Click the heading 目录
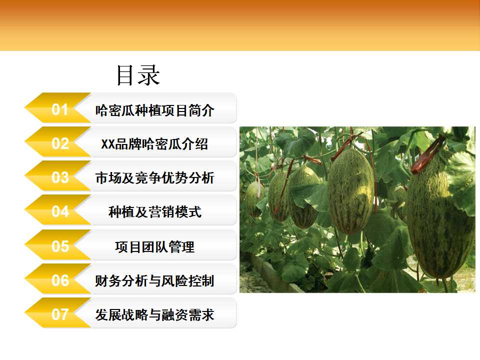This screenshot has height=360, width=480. tap(138, 75)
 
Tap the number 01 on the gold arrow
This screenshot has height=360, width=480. tap(59, 109)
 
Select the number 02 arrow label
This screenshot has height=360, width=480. tap(60, 143)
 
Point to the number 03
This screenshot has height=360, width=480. tap(60, 177)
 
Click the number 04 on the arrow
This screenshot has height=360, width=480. tap(60, 211)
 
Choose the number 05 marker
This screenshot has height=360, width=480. tap(60, 246)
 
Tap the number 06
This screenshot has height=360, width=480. tap(60, 280)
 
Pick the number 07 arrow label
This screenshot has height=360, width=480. tap(60, 314)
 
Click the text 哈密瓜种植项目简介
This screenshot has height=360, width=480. tap(154, 110)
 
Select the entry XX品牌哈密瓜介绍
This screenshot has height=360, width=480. tap(154, 144)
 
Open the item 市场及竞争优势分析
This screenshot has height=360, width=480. tap(154, 178)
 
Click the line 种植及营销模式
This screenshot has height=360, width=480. tap(155, 212)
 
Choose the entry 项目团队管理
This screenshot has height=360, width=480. tap(155, 246)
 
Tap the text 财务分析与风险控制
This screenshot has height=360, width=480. tap(154, 280)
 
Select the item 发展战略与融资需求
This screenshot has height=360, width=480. tap(154, 314)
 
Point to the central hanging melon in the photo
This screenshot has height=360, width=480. tap(351, 191)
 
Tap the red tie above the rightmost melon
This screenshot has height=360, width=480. tap(428, 155)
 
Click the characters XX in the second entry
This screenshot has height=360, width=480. tap(108, 144)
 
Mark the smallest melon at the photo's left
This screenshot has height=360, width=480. tap(254, 199)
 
